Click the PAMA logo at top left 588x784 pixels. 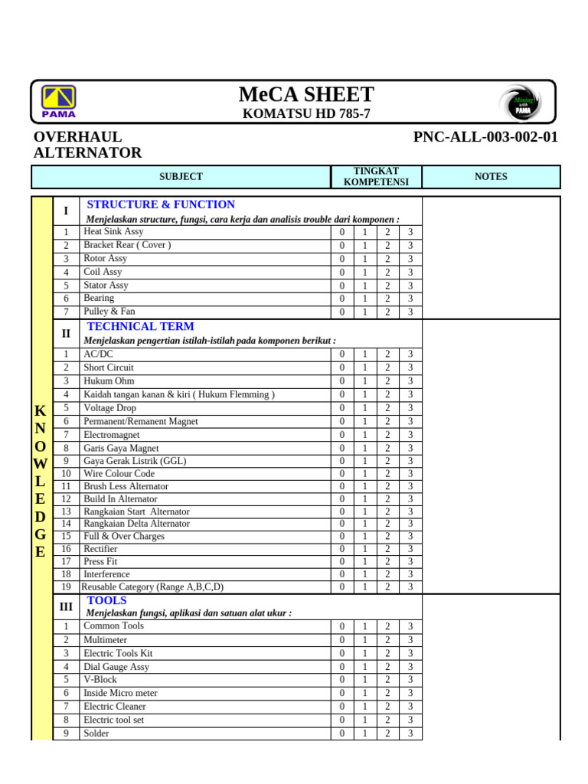(59, 102)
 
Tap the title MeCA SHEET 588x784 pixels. (306, 94)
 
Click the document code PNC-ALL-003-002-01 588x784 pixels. (485, 137)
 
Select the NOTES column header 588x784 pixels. (491, 176)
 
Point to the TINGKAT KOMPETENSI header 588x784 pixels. (376, 176)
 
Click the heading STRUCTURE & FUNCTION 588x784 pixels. (161, 204)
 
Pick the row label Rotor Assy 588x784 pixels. (106, 258)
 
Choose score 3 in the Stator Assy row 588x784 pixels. (410, 286)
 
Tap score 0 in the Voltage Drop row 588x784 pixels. (342, 408)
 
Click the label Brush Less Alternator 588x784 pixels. (126, 486)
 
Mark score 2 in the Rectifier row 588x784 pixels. (387, 549)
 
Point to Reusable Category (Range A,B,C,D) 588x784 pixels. (152, 586)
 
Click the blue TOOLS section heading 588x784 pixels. (107, 600)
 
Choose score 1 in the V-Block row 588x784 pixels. (365, 679)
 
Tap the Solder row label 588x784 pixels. (96, 733)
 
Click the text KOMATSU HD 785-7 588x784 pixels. (306, 114)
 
